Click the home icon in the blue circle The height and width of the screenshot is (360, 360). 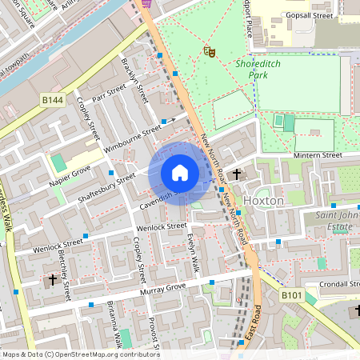pyautogui.click(x=180, y=173)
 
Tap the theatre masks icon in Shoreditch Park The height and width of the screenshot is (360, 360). pyautogui.click(x=210, y=52)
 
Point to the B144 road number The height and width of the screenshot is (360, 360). pyautogui.click(x=53, y=99)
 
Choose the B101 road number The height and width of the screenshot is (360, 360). pyautogui.click(x=291, y=296)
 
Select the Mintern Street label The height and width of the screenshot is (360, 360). pyautogui.click(x=318, y=155)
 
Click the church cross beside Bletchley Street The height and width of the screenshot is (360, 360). pyautogui.click(x=53, y=280)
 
